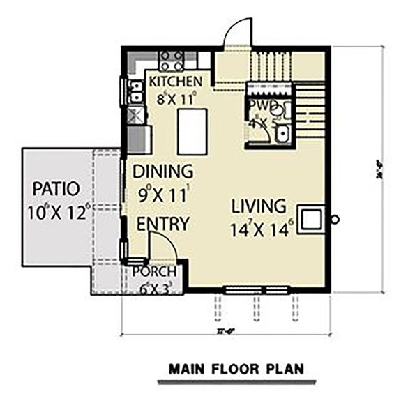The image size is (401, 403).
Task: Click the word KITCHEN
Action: [176, 82]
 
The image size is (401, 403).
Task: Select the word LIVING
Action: [259, 206]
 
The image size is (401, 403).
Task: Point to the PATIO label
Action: [55, 189]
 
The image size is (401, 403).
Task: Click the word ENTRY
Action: [162, 225]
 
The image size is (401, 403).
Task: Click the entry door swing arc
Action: [162, 246]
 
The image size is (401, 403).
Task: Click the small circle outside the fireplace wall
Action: [335, 219]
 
